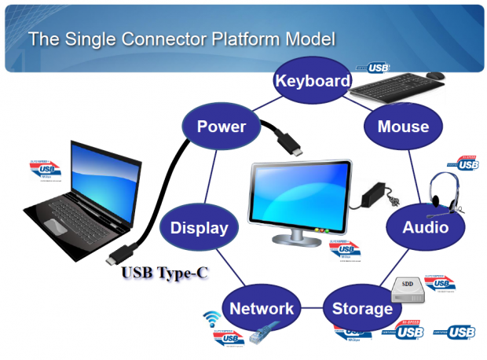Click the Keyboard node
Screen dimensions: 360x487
[x=312, y=81]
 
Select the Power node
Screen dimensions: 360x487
[x=221, y=127]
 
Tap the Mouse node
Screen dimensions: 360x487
[x=403, y=127]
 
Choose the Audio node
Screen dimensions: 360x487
[x=425, y=227]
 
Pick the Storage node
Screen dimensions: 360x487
[x=362, y=309]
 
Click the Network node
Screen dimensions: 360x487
[x=262, y=309]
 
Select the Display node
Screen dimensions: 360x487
[x=200, y=228]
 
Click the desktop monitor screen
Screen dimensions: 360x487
[x=297, y=193]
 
